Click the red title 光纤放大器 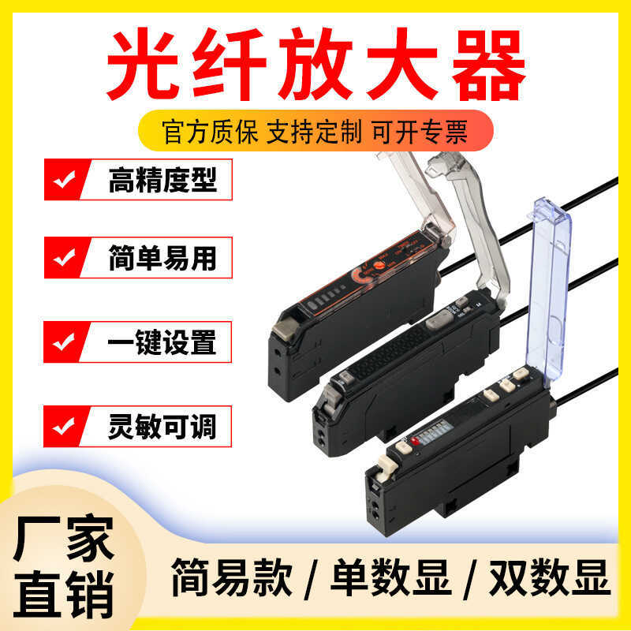tap(315, 63)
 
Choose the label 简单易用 tap(162, 258)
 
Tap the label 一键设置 tap(162, 342)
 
